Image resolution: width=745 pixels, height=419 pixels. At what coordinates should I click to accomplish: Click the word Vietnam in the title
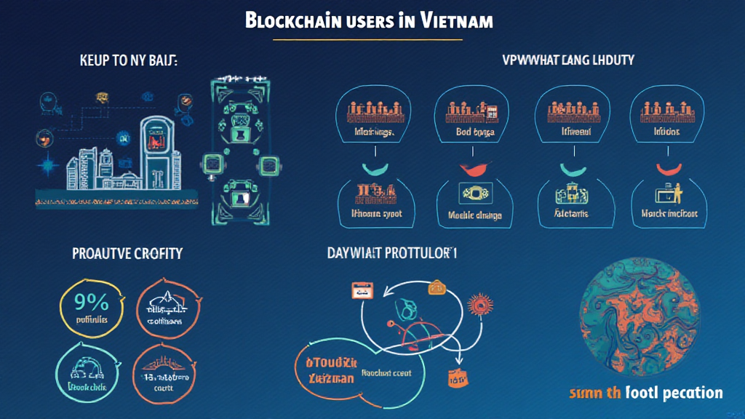click(456, 20)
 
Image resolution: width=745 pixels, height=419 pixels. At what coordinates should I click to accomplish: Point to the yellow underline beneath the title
click(371, 39)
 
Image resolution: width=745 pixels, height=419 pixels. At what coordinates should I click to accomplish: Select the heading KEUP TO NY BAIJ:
click(128, 60)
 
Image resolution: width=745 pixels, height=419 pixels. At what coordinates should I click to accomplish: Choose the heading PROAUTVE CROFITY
click(127, 254)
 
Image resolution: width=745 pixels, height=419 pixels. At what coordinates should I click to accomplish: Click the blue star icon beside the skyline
click(49, 167)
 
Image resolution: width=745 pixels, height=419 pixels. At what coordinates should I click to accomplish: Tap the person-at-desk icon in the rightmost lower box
click(668, 193)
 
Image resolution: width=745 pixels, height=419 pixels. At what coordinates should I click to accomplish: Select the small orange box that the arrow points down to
click(457, 378)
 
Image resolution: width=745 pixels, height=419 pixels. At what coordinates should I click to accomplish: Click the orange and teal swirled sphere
click(641, 317)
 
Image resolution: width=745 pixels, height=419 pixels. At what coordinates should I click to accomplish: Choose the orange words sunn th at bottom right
click(595, 394)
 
